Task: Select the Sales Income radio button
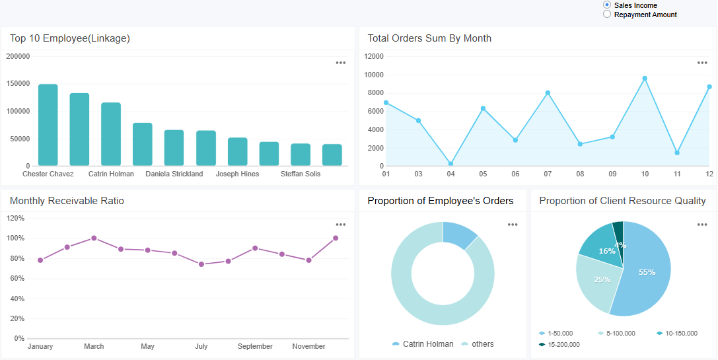point(607,5)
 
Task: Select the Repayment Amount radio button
point(607,14)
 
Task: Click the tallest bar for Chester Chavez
point(48,125)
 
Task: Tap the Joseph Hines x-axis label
point(237,174)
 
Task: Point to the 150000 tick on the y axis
point(18,84)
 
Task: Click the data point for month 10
point(645,79)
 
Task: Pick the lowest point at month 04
point(450,164)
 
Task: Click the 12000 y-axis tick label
point(373,57)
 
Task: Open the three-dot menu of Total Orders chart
point(702,63)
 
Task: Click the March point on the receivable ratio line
point(94,238)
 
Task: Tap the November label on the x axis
point(308,347)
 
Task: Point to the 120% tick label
point(15,218)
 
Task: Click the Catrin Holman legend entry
point(423,344)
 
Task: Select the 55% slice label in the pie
point(647,272)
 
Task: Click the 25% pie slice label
point(602,279)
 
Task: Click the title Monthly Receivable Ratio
point(67,201)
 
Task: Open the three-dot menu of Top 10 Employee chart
point(340,63)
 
